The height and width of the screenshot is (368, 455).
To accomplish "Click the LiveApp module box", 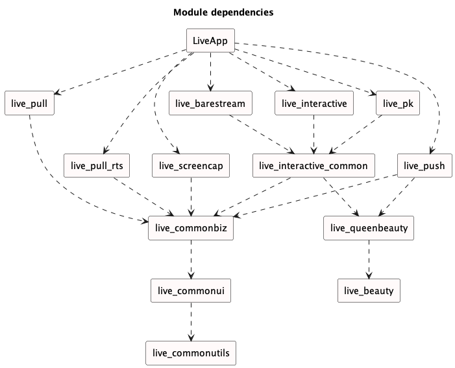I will coord(210,40).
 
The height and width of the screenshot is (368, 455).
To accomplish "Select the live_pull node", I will coord(29,103).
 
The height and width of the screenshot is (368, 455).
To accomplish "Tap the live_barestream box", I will coord(210,103).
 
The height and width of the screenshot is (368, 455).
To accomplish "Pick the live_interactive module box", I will coord(314,103).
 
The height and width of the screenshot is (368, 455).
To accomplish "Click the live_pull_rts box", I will coord(98,166).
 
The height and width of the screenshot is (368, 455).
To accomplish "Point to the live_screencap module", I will coord(190,166).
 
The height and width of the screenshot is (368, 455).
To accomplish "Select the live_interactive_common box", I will coord(313,166).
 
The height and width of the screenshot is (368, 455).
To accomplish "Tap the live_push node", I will coord(424,166).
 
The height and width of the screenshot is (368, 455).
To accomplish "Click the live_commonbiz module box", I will coord(190,228).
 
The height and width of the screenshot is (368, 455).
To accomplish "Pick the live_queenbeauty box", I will coord(369,228).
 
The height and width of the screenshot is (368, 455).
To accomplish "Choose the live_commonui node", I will coord(190,291).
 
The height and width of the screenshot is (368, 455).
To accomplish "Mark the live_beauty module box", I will coord(369,291).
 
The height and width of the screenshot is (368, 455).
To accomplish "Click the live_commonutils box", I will coord(190,353).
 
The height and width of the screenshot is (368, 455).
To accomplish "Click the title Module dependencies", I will coord(223,12).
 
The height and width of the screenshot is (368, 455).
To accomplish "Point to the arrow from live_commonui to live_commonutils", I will coord(190,322).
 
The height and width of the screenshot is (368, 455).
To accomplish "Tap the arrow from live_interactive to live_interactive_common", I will coord(314,134).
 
